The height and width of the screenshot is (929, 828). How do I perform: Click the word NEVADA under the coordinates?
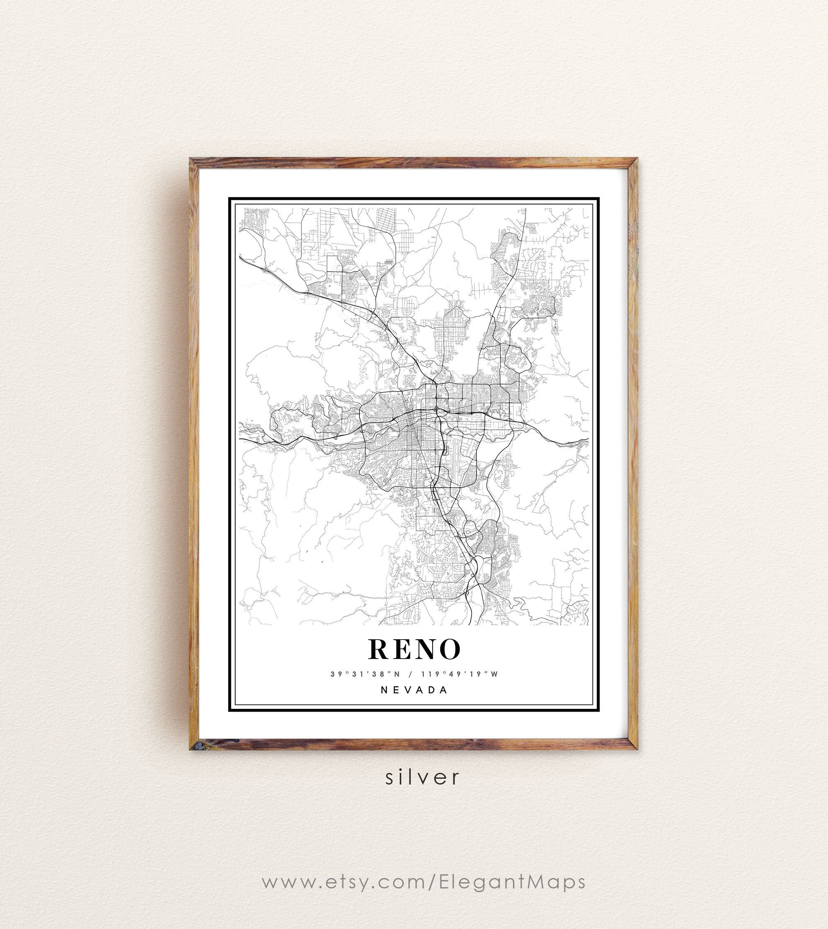[414, 690]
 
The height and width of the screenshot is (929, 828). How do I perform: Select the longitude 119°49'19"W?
[460, 674]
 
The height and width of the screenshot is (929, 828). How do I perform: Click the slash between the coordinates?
[411, 674]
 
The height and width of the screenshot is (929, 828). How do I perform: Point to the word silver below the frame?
[422, 777]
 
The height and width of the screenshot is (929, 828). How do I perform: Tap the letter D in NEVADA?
[432, 690]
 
